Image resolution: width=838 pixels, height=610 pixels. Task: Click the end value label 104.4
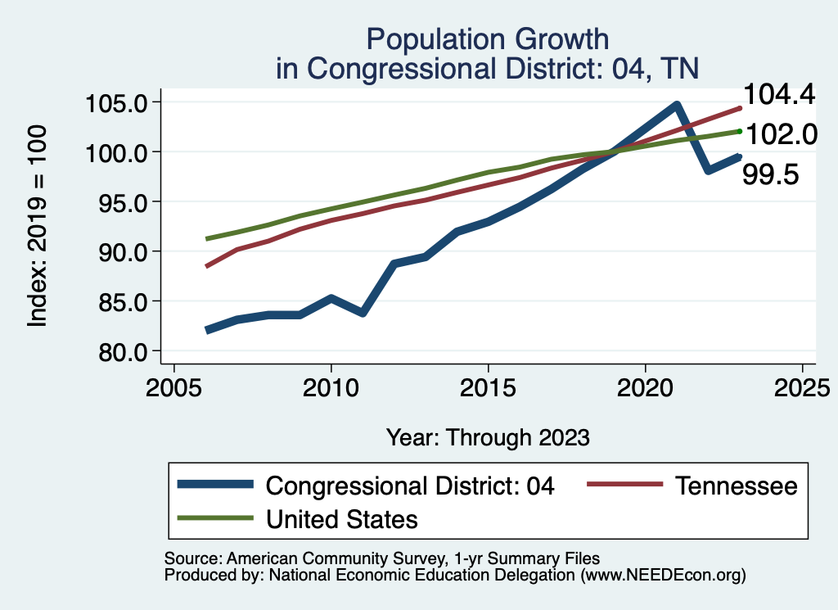click(778, 95)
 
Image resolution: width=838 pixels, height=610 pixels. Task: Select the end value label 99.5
click(771, 174)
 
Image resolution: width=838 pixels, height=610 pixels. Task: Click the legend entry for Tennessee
click(736, 486)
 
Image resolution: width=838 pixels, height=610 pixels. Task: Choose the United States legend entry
click(342, 518)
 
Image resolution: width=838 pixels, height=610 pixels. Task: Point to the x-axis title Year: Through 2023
click(488, 437)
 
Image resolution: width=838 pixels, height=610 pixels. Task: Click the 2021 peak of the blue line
click(676, 105)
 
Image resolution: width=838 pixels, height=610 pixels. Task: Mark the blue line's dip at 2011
click(362, 313)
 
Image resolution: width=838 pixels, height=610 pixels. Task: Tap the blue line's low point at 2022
click(708, 170)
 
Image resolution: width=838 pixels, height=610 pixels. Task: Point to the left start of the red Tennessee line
click(206, 266)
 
